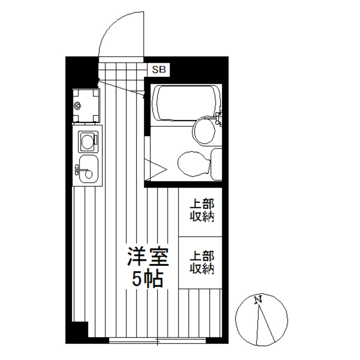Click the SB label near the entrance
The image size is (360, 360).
(159, 70)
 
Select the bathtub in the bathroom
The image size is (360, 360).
(185, 103)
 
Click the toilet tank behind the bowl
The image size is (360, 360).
(216, 164)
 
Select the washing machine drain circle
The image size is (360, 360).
(77, 106)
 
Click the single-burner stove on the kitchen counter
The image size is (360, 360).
(87, 141)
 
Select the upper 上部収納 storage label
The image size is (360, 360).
(202, 211)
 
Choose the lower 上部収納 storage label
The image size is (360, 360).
(202, 262)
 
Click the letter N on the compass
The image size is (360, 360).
(257, 300)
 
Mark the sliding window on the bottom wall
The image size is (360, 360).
(157, 340)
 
